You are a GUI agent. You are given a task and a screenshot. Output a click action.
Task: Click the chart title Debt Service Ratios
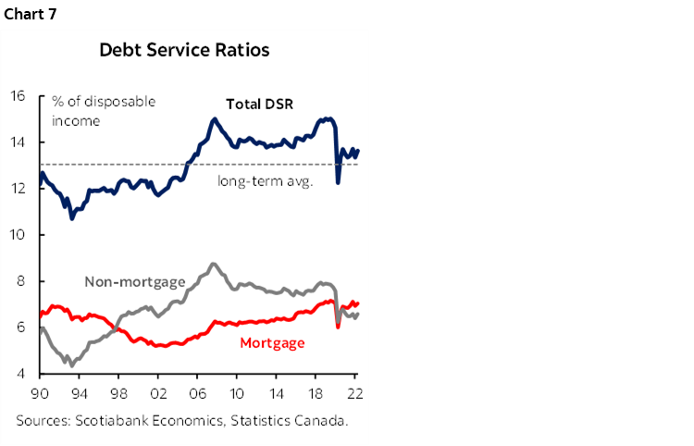184,50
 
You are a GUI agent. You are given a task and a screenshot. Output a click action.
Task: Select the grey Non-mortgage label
135,282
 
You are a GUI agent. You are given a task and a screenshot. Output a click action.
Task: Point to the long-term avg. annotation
266,180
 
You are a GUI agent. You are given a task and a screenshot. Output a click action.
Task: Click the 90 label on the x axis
39,391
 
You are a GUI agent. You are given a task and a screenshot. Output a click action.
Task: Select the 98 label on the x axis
118,391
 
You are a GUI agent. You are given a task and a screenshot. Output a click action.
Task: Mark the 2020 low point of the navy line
338,182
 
